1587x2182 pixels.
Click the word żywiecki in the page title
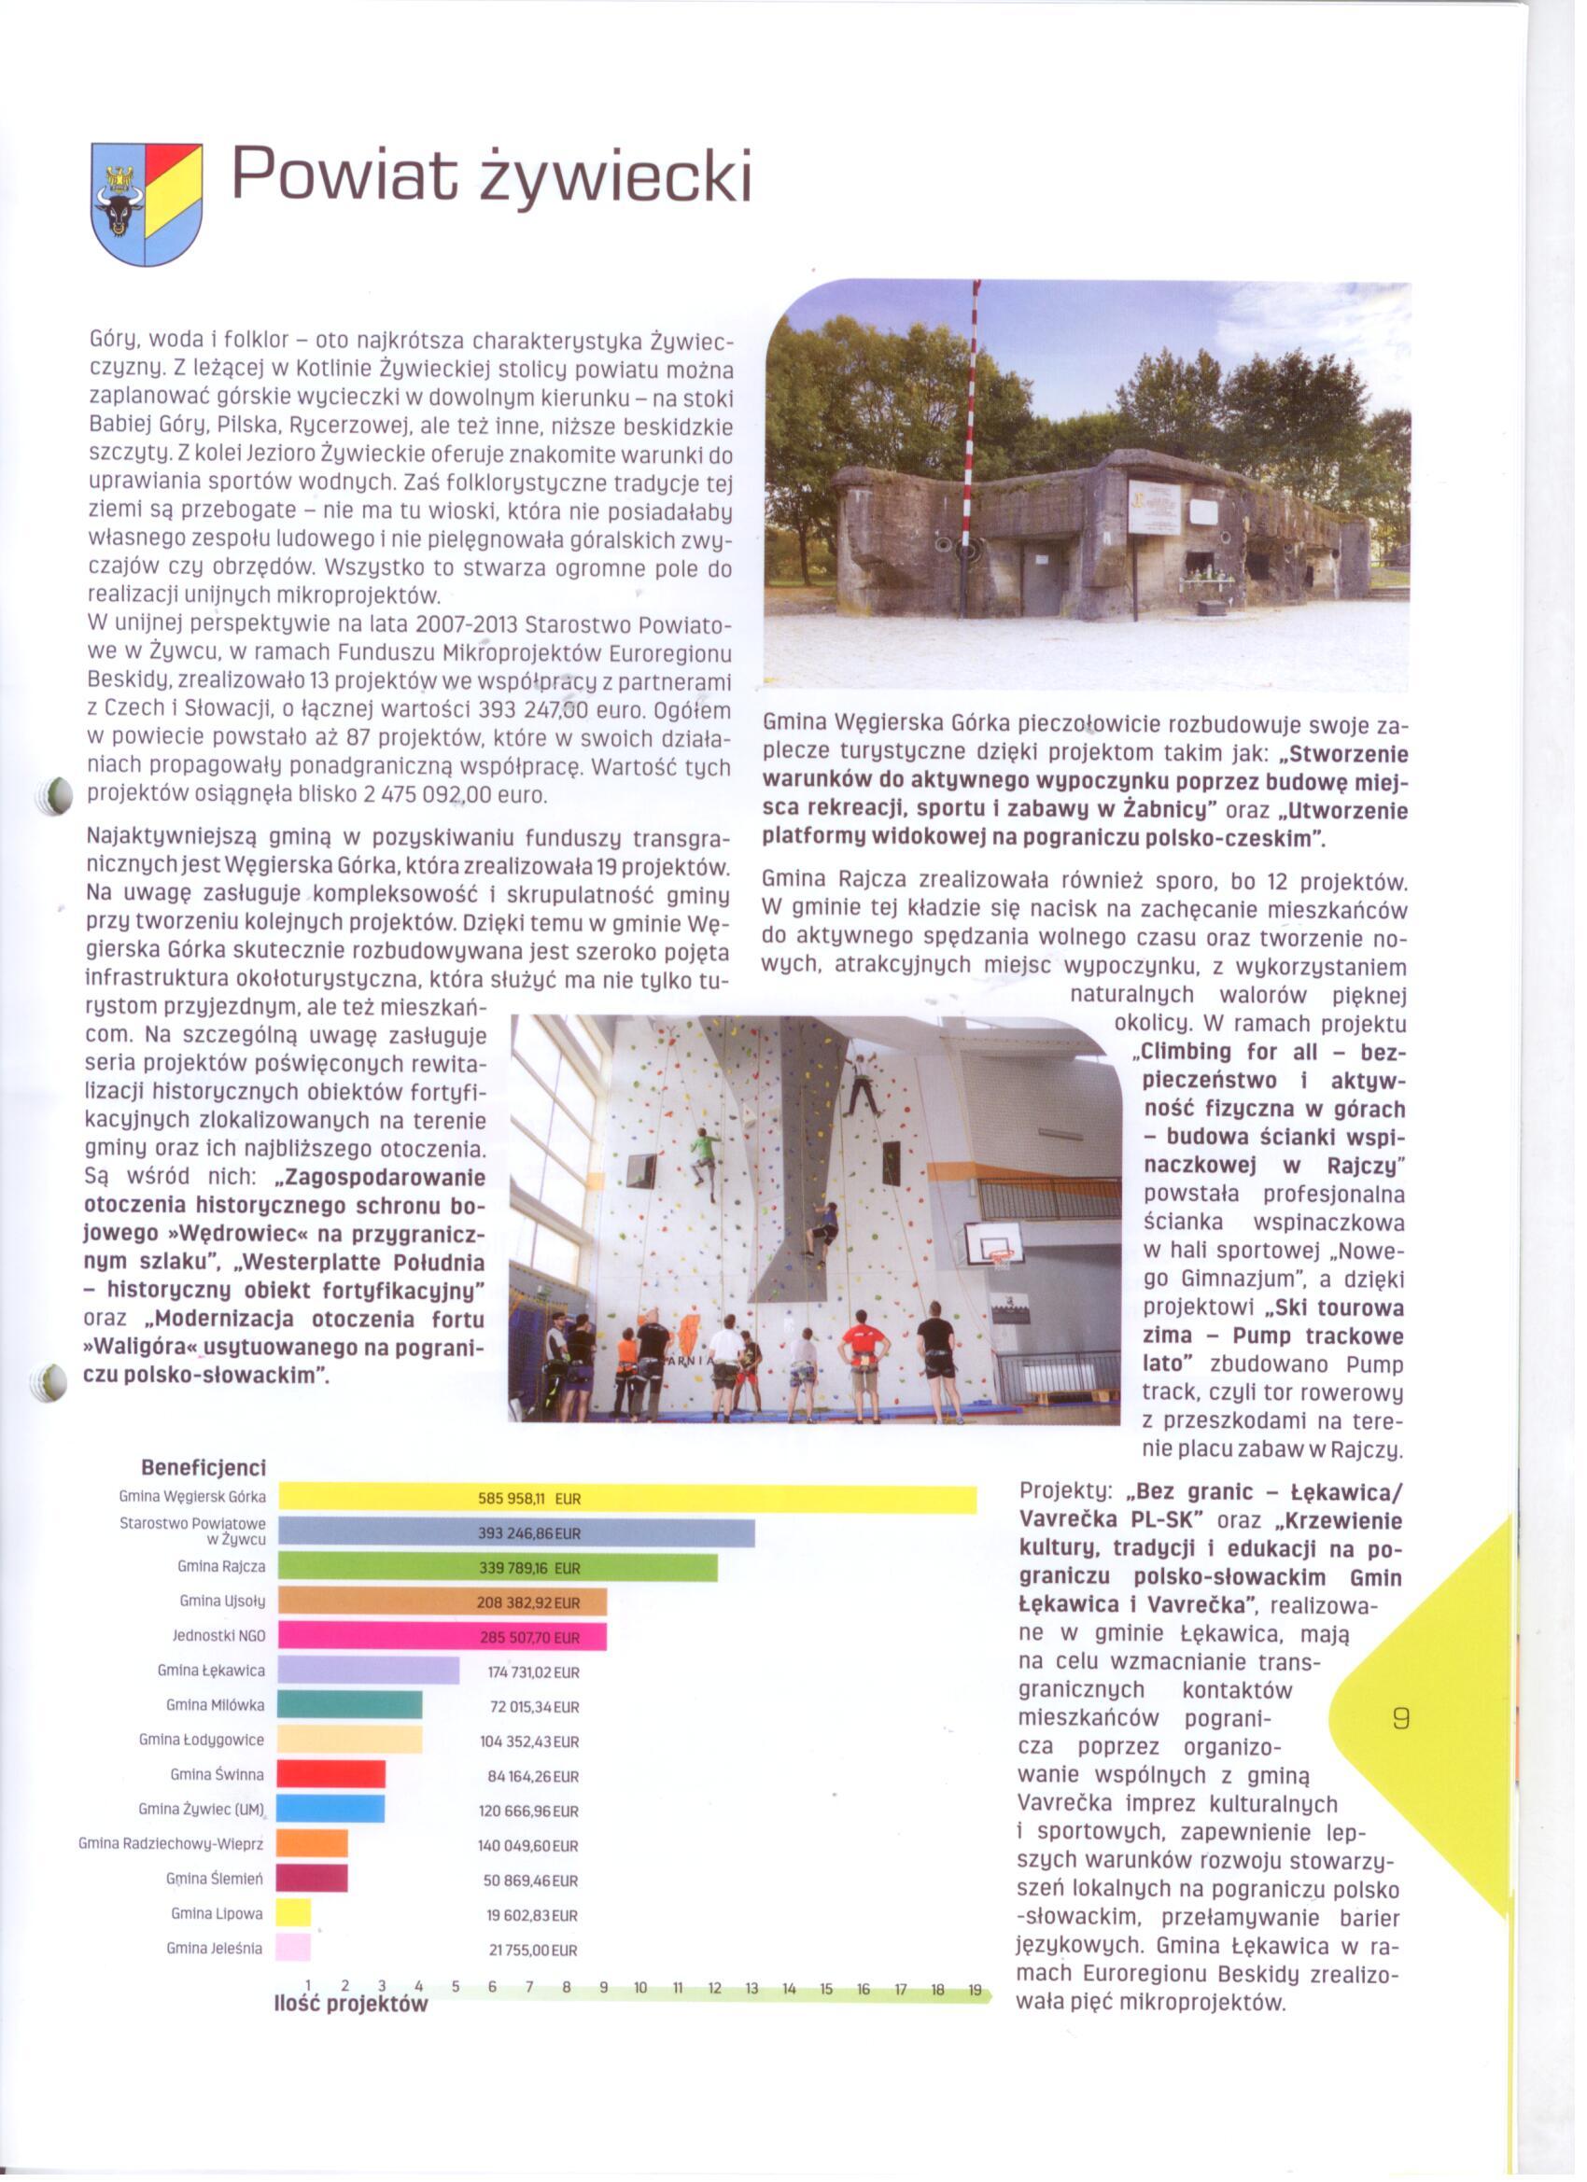(615, 176)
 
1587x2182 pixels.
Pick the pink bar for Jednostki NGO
(442, 1638)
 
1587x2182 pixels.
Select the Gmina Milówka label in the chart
(216, 1705)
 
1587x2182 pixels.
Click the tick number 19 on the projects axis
(975, 1991)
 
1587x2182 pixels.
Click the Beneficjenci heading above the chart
(204, 1467)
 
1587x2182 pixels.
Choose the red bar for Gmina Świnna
(331, 1775)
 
